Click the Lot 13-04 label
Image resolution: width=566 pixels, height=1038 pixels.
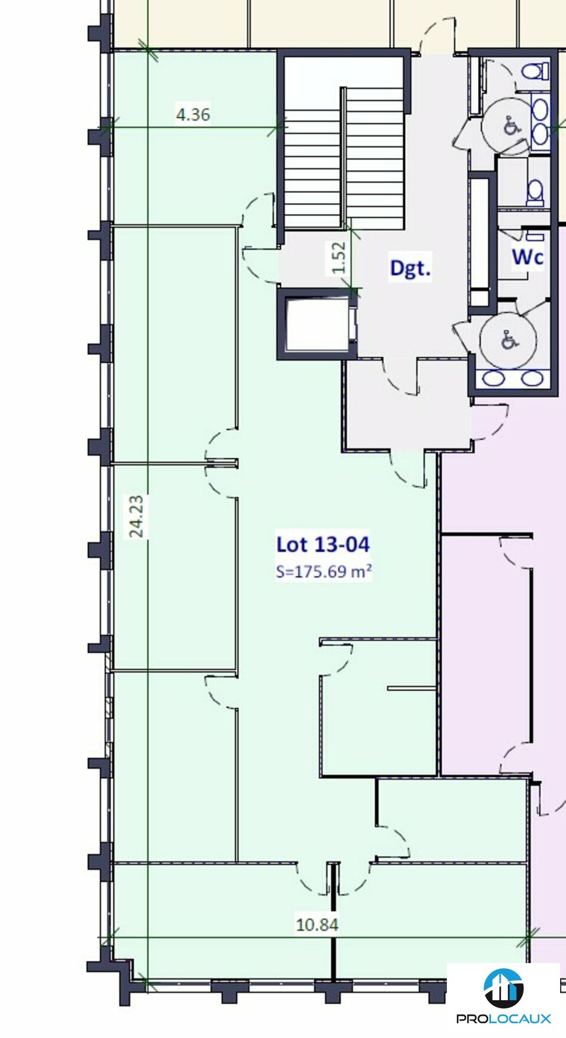[323, 544]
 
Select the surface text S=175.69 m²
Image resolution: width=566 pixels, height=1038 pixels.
[324, 571]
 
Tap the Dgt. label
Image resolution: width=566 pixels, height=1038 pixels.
[410, 268]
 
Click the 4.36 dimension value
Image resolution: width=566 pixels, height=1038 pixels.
[193, 114]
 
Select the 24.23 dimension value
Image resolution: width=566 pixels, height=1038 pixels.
[136, 516]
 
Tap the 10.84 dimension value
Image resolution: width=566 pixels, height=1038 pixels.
[317, 924]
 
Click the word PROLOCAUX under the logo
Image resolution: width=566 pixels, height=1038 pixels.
[504, 1019]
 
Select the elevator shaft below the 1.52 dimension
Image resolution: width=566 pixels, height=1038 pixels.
[317, 324]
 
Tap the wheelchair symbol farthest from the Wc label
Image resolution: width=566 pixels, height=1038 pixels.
[511, 126]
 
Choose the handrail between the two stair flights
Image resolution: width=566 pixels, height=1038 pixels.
[343, 158]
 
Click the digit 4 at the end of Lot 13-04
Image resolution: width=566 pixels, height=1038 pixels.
[363, 544]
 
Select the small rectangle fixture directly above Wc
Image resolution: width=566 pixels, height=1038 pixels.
[535, 237]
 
